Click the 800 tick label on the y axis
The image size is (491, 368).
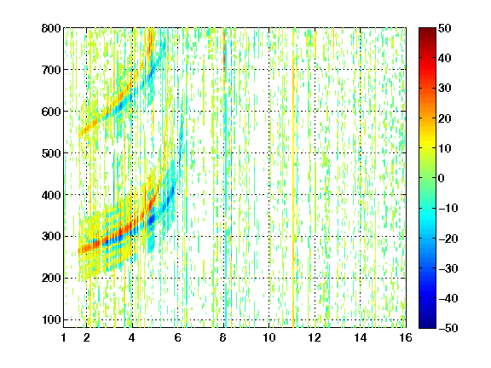[x=51, y=28]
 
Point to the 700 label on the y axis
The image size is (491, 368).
[x=51, y=70]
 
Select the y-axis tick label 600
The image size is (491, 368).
[x=51, y=112]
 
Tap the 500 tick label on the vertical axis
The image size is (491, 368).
[x=51, y=153]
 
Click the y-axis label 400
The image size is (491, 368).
[x=51, y=195]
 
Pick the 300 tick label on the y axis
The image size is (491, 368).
[x=51, y=236]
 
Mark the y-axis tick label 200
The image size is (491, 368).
[x=51, y=278]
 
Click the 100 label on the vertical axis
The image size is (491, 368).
[x=51, y=319]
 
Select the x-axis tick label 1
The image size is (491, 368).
[x=64, y=337]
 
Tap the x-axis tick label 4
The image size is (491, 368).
[x=132, y=337]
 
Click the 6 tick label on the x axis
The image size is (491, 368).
[x=177, y=337]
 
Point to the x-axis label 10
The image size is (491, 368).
[x=269, y=337]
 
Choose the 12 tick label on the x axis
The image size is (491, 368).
[x=315, y=337]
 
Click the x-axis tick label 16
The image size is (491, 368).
[x=406, y=337]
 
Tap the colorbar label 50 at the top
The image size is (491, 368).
[x=445, y=28]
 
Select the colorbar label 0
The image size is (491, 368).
[x=442, y=178]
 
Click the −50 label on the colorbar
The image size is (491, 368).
[x=448, y=328]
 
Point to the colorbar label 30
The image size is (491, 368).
[x=445, y=89]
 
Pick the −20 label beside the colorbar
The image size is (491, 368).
[x=448, y=239]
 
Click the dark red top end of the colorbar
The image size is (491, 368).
[x=427, y=30]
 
